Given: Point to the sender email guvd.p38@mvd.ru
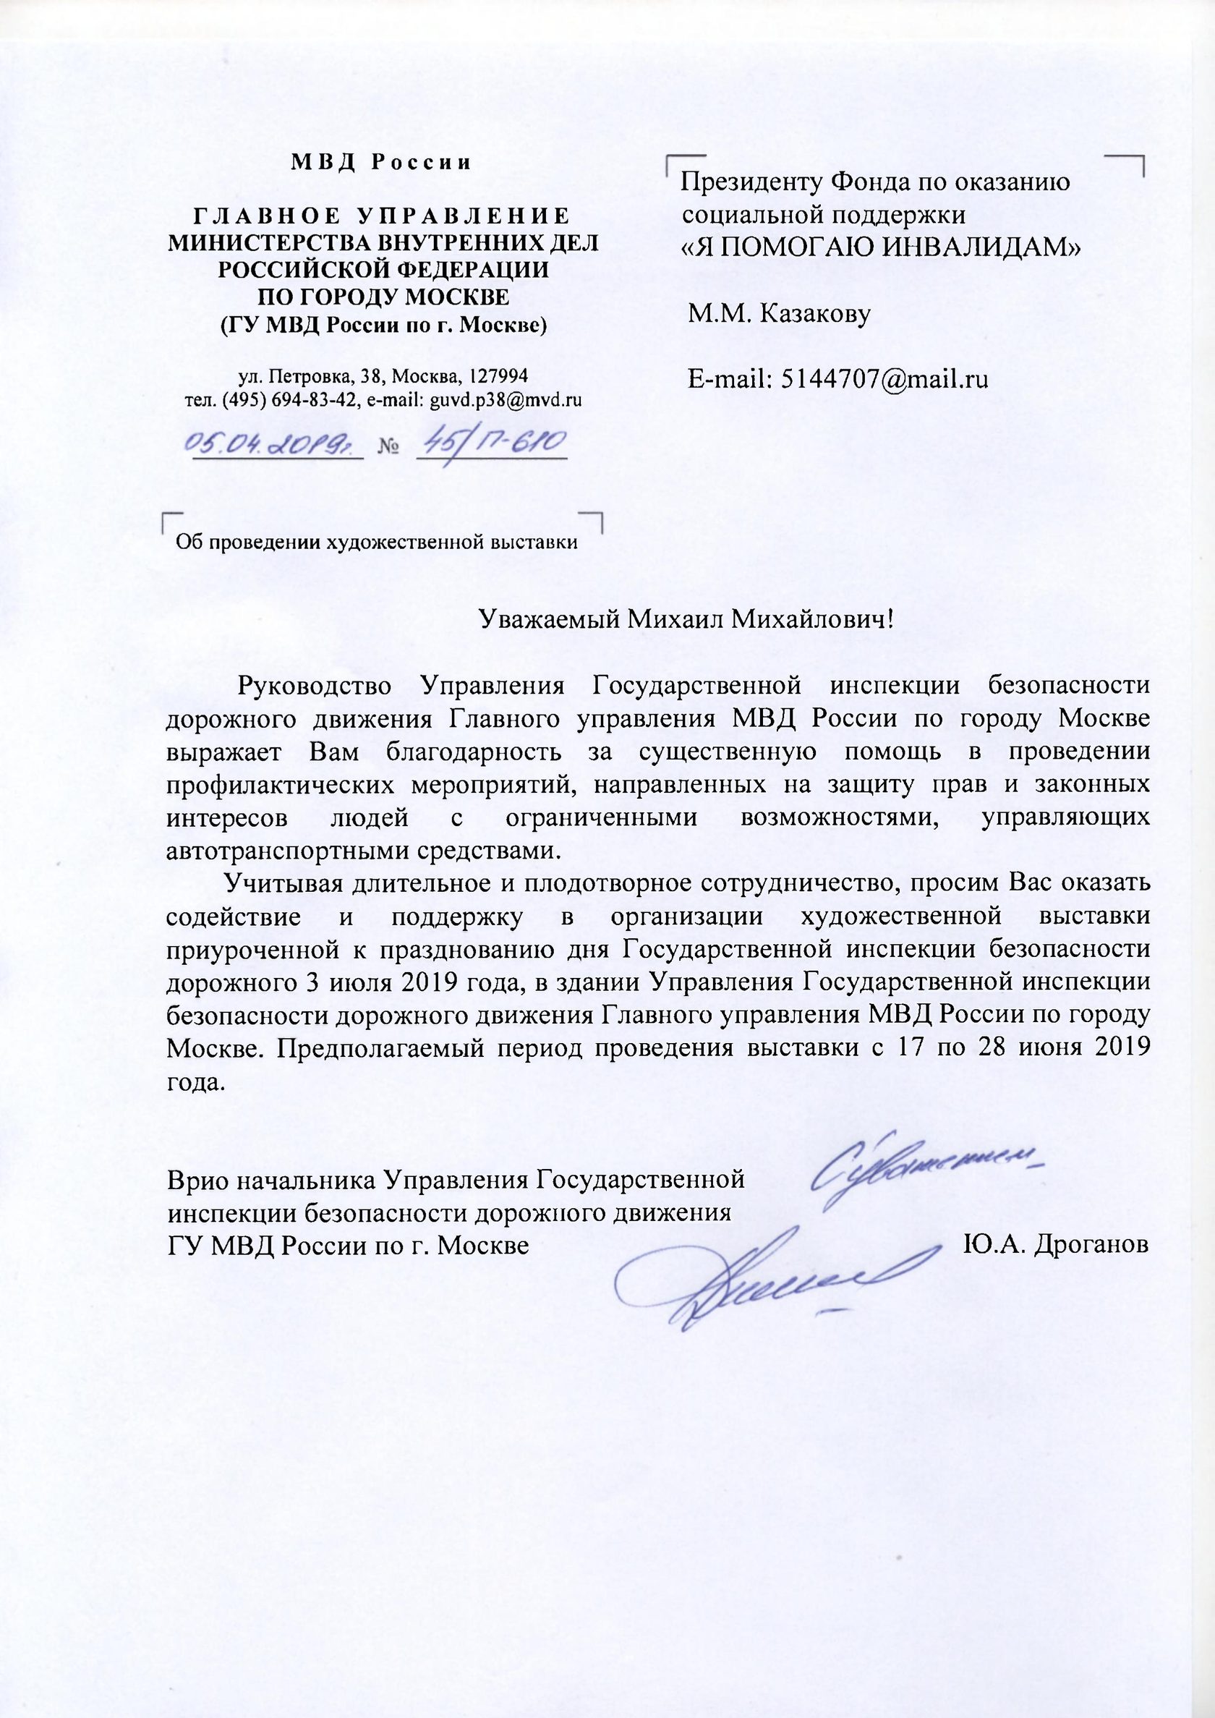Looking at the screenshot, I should click(x=505, y=399).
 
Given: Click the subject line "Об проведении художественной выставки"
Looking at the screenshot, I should click(x=376, y=543).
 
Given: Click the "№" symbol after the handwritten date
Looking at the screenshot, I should click(x=388, y=448).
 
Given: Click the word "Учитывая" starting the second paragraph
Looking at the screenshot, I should click(x=278, y=883).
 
